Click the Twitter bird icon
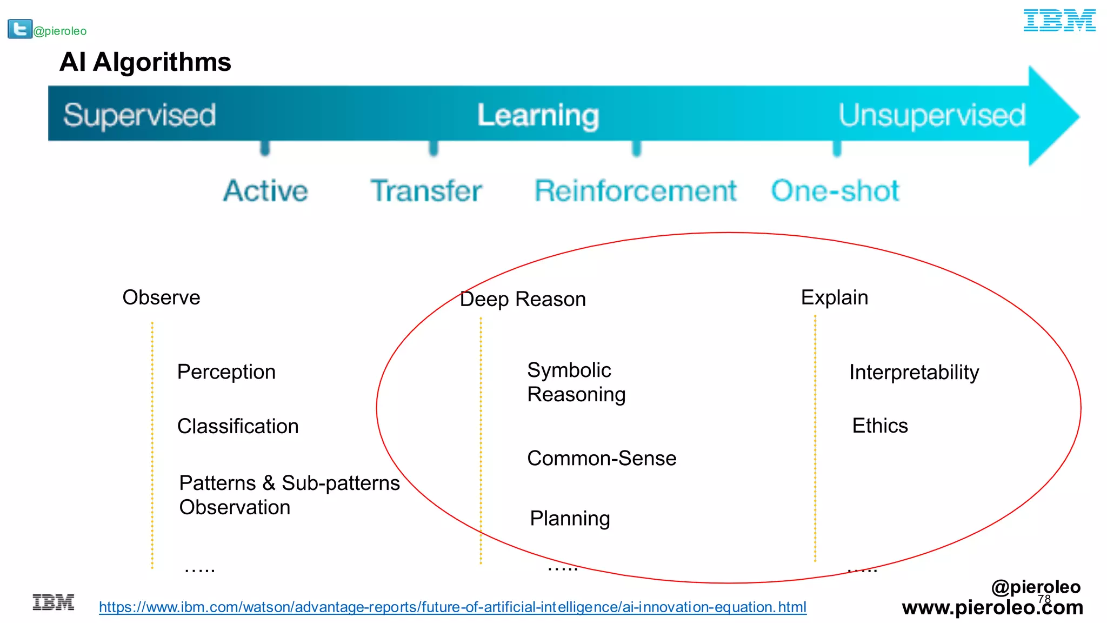[19, 29]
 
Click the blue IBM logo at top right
[1059, 21]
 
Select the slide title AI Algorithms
[145, 62]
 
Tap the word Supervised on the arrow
[139, 115]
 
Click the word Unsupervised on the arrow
[931, 115]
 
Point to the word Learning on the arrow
[538, 115]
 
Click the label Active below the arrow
[265, 190]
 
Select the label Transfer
[426, 190]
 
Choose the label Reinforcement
[635, 190]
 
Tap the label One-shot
[835, 190]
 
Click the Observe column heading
[161, 297]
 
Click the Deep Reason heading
[522, 299]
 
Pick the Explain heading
[834, 297]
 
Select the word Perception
[226, 372]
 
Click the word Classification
[238, 426]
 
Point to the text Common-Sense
[601, 458]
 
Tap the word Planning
[570, 518]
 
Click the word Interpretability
[913, 372]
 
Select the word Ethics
[879, 426]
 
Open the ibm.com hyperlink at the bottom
[452, 607]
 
